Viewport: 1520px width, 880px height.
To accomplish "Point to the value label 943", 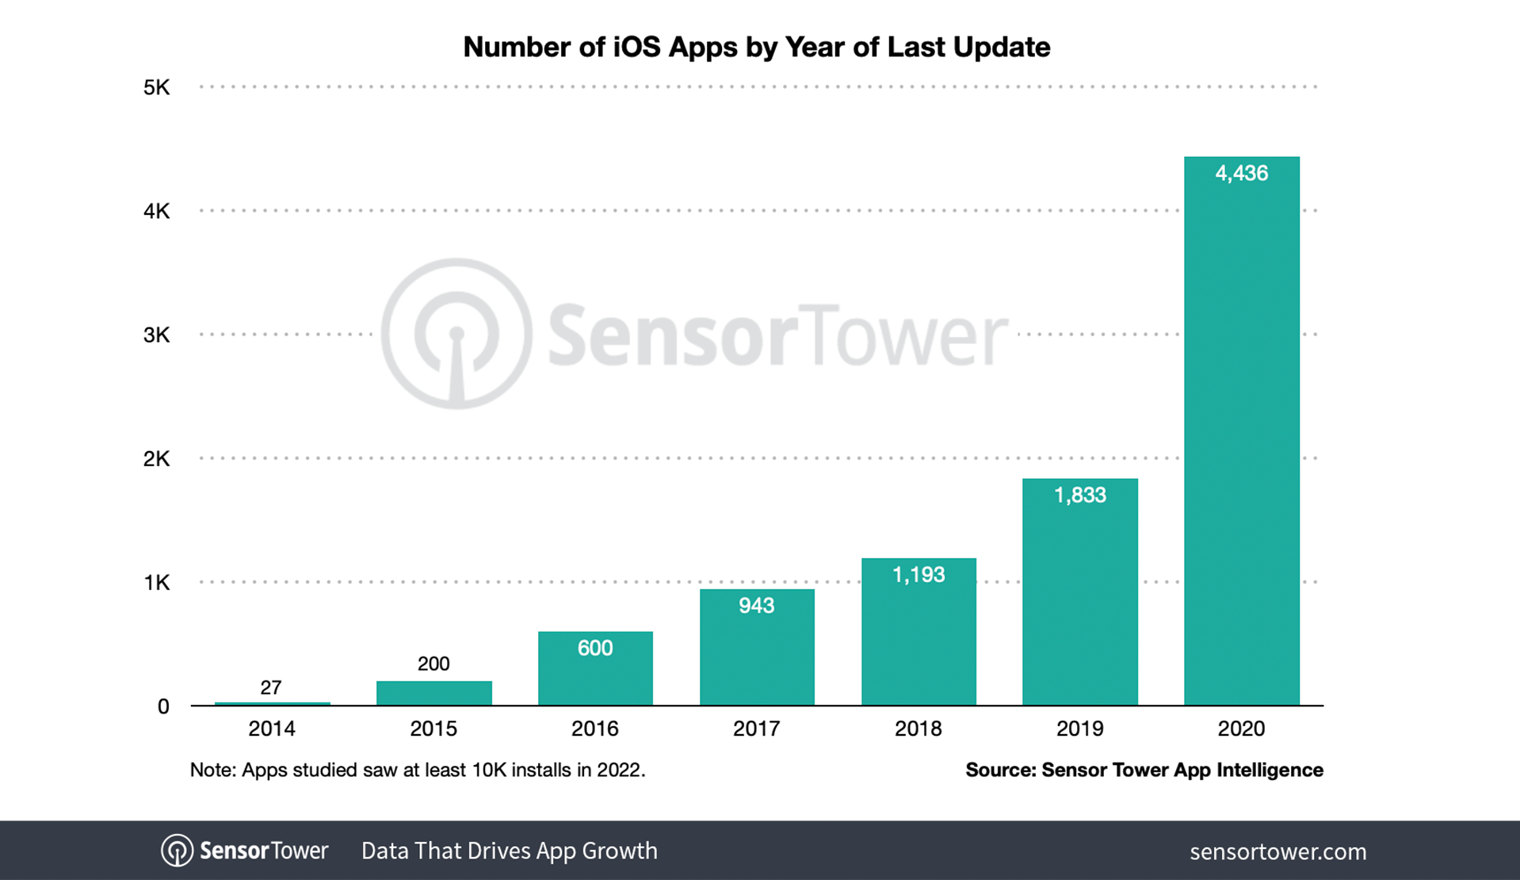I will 756,606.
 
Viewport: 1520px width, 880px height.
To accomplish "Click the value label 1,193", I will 918,575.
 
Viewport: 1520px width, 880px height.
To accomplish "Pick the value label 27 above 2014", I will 271,687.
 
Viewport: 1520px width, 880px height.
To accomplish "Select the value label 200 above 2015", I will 433,664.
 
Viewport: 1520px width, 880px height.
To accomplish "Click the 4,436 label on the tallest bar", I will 1241,173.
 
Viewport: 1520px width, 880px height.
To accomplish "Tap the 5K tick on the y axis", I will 156,87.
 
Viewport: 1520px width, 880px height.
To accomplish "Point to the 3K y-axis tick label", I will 156,335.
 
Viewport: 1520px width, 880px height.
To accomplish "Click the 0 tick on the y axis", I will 163,706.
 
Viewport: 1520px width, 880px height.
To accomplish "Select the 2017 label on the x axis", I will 756,729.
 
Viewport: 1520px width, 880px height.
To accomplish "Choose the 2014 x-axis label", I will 271,729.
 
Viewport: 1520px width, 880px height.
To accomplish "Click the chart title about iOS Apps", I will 756,47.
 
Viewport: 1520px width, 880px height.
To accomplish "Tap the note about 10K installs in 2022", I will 418,770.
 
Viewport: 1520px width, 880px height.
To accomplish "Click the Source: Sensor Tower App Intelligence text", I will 1144,770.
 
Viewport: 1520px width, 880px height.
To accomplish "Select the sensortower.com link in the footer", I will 1277,851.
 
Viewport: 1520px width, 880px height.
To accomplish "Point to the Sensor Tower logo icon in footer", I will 177,851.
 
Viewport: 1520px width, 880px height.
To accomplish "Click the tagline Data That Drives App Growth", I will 509,851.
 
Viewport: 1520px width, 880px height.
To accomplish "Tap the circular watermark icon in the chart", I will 456,334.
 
